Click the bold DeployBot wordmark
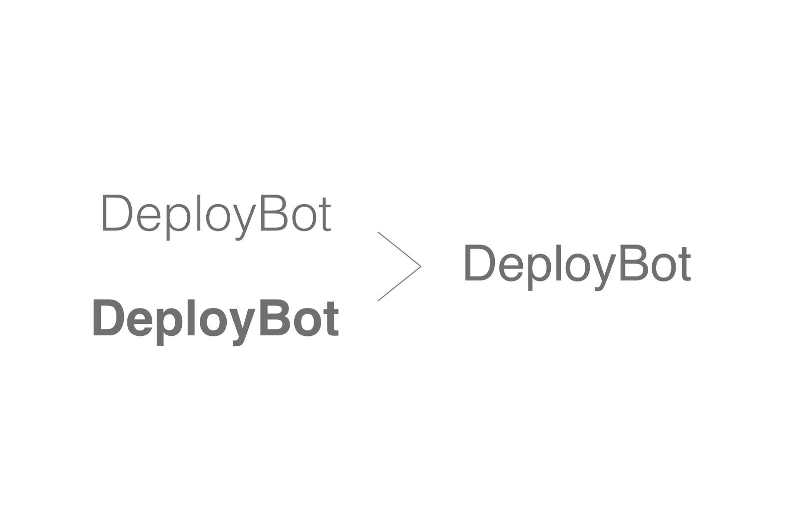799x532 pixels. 215,321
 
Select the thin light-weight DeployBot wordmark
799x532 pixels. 217,217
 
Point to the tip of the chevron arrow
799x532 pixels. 421,266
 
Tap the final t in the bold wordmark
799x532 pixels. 331,319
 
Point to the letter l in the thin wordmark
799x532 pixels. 198,213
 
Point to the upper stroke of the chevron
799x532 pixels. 399,249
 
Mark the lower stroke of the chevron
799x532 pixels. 399,283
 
